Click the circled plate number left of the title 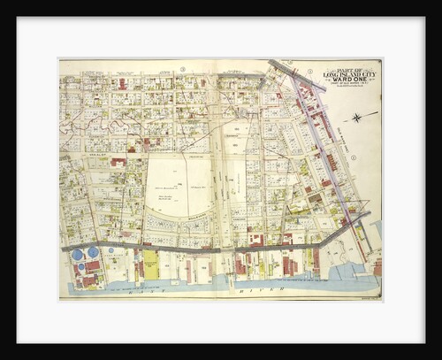tap(310, 71)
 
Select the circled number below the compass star tap(353, 158)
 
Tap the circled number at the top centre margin tap(183, 69)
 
